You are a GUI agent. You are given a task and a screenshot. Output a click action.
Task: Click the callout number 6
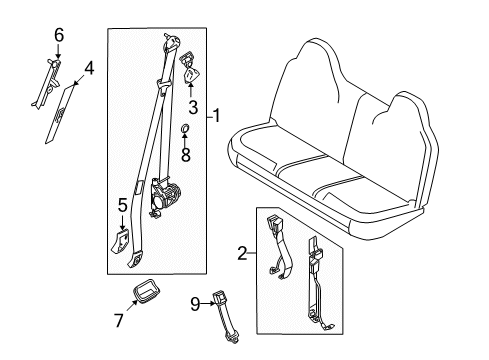59,35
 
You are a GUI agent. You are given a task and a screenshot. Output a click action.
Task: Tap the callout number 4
89,69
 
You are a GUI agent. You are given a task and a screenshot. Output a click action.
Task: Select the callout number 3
193,107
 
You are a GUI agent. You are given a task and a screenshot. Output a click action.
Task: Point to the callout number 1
217,116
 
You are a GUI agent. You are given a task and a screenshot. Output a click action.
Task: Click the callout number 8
186,154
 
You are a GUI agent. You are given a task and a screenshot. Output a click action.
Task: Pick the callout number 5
123,205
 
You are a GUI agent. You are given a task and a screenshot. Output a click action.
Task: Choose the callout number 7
118,320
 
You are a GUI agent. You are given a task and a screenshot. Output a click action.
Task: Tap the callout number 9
195,304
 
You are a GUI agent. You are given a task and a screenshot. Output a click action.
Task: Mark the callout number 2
242,253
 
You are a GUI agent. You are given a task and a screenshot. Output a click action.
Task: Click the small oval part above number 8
185,128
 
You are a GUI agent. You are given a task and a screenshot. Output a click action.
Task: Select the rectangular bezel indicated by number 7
146,292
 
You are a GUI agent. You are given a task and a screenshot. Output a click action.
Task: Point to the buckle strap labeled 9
225,316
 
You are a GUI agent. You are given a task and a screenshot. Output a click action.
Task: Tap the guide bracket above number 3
189,68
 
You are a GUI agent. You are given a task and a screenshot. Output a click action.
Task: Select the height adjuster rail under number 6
47,83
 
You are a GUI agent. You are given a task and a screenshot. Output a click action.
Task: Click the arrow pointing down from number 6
58,52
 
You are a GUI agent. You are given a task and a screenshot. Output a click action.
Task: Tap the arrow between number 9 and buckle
209,303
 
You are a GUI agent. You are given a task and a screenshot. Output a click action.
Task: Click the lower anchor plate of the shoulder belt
136,260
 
